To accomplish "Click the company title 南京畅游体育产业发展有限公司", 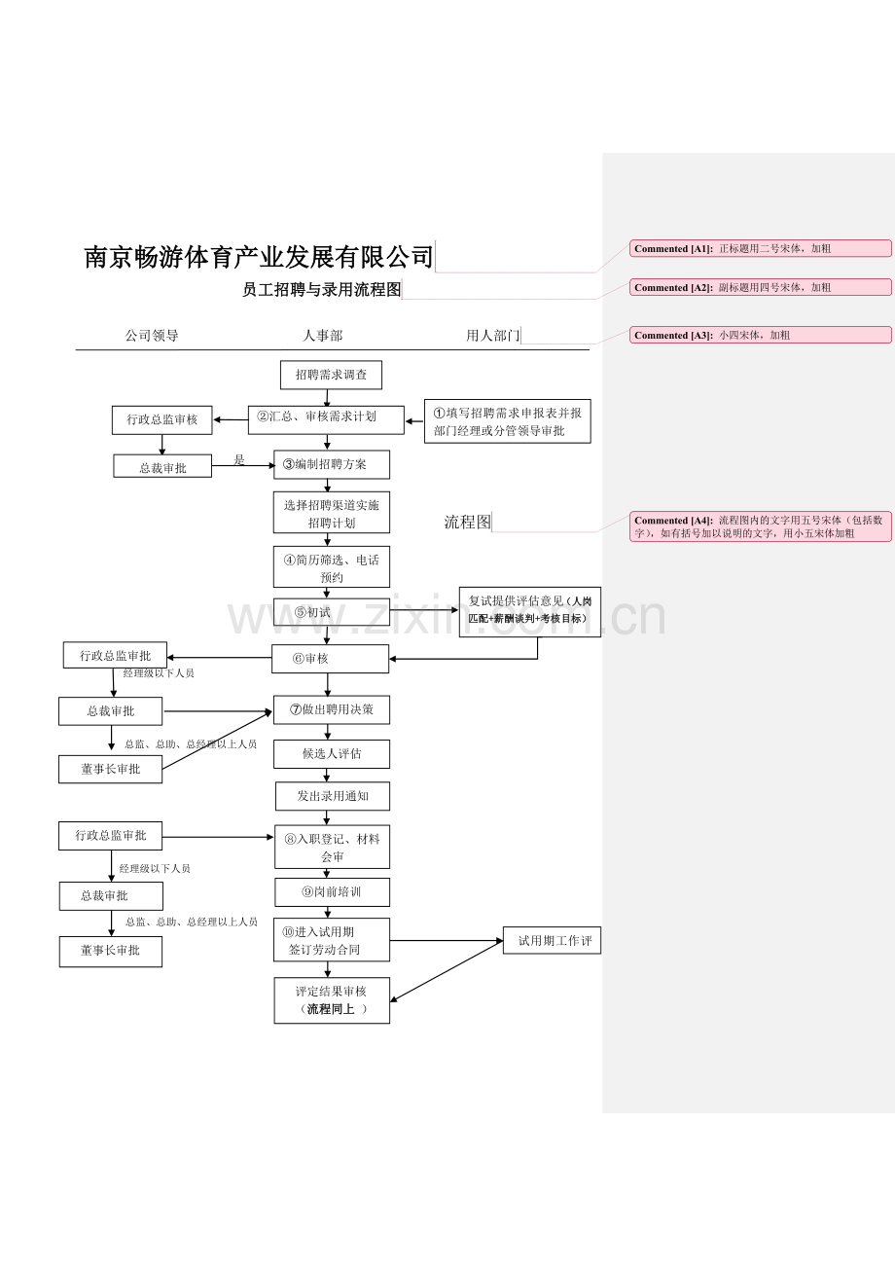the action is [259, 257].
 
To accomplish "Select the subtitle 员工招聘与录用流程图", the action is [322, 290].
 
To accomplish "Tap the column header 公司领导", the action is [152, 336].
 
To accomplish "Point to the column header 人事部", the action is [322, 336].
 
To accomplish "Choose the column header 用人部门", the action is [492, 336].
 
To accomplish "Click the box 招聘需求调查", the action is [332, 375].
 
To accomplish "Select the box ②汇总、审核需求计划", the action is [326, 420].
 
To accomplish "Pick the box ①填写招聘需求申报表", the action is [508, 421].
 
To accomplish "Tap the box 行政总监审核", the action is [162, 420].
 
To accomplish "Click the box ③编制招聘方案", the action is [332, 465].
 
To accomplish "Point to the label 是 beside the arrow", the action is [239, 459].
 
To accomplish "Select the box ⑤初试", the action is [332, 612].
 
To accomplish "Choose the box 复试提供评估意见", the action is [530, 612].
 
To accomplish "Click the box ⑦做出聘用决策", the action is [332, 709].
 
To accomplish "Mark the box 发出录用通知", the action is [333, 796].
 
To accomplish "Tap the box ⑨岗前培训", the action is [333, 892].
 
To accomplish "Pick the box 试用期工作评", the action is [552, 941].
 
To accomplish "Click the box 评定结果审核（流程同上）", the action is [332, 1000].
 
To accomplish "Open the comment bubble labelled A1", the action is [761, 248].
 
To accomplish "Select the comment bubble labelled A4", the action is [761, 526].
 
